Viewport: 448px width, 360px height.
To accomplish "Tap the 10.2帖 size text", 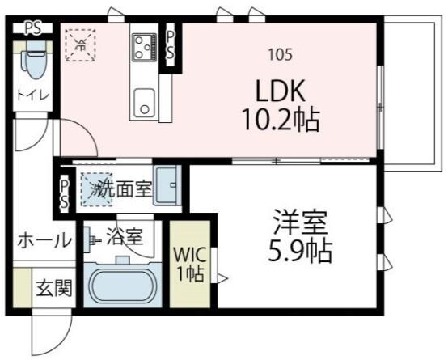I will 280,121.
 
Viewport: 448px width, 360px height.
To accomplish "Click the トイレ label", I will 33,95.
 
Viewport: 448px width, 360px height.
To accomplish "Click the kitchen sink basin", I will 146,103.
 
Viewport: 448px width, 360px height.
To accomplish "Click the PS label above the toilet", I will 32,28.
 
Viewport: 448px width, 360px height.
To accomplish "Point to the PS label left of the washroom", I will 64,193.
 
